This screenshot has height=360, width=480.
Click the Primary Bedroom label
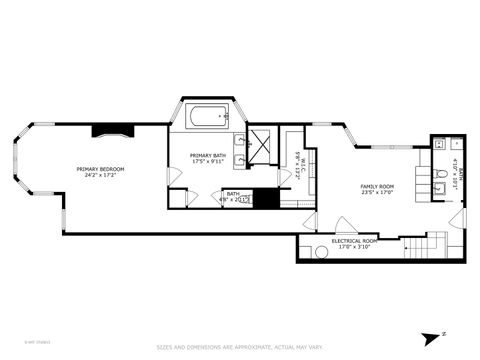(99, 169)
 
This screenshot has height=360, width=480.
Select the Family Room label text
(376, 186)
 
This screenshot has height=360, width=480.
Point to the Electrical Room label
(354, 241)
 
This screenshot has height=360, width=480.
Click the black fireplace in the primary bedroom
(111, 129)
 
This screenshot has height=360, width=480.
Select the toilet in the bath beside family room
(441, 185)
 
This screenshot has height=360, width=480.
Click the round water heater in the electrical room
(321, 252)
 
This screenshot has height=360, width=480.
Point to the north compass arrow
(431, 338)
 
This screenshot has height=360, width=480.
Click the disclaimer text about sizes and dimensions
(239, 348)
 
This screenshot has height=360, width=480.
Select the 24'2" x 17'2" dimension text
(99, 176)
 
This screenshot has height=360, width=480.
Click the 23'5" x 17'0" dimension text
(376, 193)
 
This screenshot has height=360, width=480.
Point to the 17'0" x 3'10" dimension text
(354, 247)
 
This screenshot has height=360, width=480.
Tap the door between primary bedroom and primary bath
(174, 175)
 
